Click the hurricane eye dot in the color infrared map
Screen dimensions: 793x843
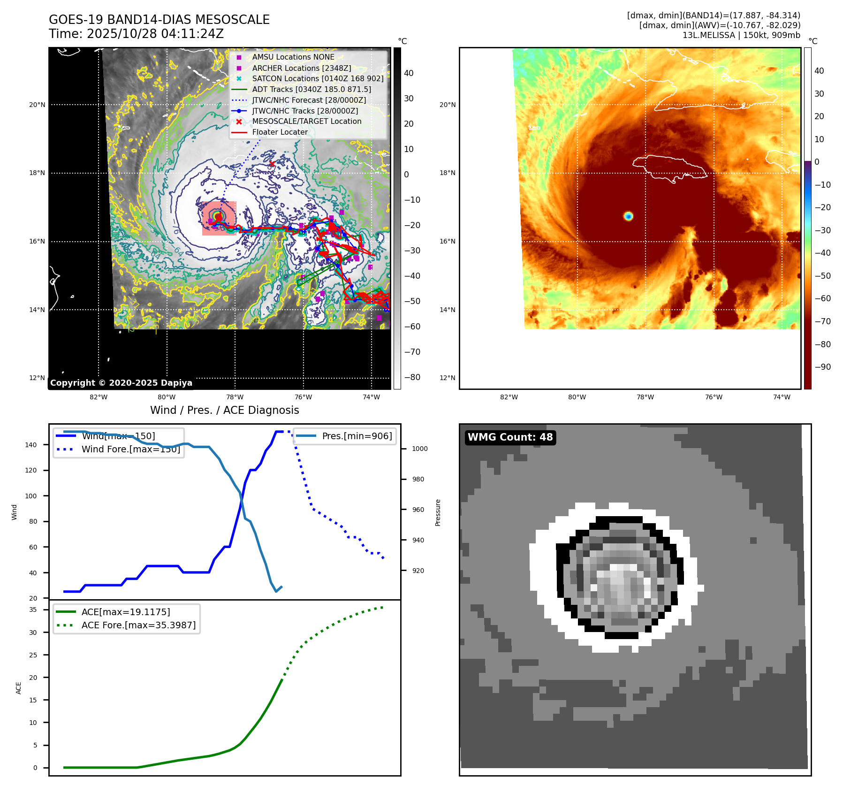tap(629, 216)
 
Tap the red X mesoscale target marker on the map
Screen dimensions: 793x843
tap(272, 164)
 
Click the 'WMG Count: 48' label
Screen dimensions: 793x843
tap(510, 437)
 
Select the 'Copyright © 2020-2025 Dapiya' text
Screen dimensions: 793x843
tap(121, 383)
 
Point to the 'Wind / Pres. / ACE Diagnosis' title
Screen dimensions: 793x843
tap(224, 410)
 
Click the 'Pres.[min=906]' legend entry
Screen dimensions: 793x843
tap(357, 436)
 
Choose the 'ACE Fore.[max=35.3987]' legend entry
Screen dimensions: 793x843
tap(138, 625)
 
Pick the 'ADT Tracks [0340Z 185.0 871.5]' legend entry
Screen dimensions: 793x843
tap(311, 89)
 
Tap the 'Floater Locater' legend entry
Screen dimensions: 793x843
tap(280, 132)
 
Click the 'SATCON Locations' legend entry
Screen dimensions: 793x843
tap(318, 78)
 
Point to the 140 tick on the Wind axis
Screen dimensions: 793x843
tap(31, 445)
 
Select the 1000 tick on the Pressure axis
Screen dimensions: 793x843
tap(419, 449)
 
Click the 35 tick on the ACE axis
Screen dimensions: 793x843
tap(33, 610)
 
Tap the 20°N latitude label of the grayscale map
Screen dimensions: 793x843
tap(38, 105)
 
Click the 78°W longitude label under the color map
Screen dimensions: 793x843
tap(645, 397)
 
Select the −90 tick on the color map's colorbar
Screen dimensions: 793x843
tap(822, 367)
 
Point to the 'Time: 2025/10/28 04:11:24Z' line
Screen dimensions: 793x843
tap(136, 34)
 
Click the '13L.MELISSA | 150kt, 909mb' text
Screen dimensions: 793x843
tap(741, 35)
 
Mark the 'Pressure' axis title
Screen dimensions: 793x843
tap(438, 512)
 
